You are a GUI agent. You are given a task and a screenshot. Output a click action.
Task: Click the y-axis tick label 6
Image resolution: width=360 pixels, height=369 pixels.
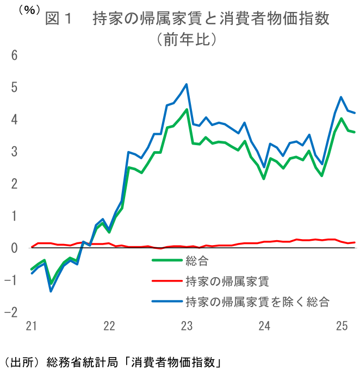pyautogui.click(x=14, y=55)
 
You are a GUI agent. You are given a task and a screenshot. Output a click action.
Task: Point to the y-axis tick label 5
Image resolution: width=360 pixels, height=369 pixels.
pyautogui.click(x=14, y=87)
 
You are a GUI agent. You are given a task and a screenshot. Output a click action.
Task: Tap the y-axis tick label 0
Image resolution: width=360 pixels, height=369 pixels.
pyautogui.click(x=14, y=248)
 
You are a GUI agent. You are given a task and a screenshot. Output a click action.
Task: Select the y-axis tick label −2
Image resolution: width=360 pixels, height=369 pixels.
pyautogui.click(x=11, y=312)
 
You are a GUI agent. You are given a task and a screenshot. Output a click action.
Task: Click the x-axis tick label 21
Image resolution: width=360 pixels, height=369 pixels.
pyautogui.click(x=32, y=326)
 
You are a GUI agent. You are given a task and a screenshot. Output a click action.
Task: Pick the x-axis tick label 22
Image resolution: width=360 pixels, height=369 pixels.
pyautogui.click(x=109, y=326)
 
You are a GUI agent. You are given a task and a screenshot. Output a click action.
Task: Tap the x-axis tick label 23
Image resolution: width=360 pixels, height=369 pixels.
pyautogui.click(x=187, y=326)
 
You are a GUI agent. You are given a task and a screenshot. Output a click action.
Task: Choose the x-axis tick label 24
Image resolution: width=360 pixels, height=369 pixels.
pyautogui.click(x=265, y=326)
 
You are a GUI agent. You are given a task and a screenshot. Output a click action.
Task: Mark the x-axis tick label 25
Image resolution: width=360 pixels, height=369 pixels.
pyautogui.click(x=342, y=326)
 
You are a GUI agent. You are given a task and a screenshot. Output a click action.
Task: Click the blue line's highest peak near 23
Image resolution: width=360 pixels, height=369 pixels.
pyautogui.click(x=187, y=84)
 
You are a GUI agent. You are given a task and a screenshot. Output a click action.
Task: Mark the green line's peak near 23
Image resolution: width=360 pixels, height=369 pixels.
pyautogui.click(x=187, y=110)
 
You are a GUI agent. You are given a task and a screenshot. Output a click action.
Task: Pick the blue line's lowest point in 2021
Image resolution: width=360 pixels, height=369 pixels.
pyautogui.click(x=51, y=291)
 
